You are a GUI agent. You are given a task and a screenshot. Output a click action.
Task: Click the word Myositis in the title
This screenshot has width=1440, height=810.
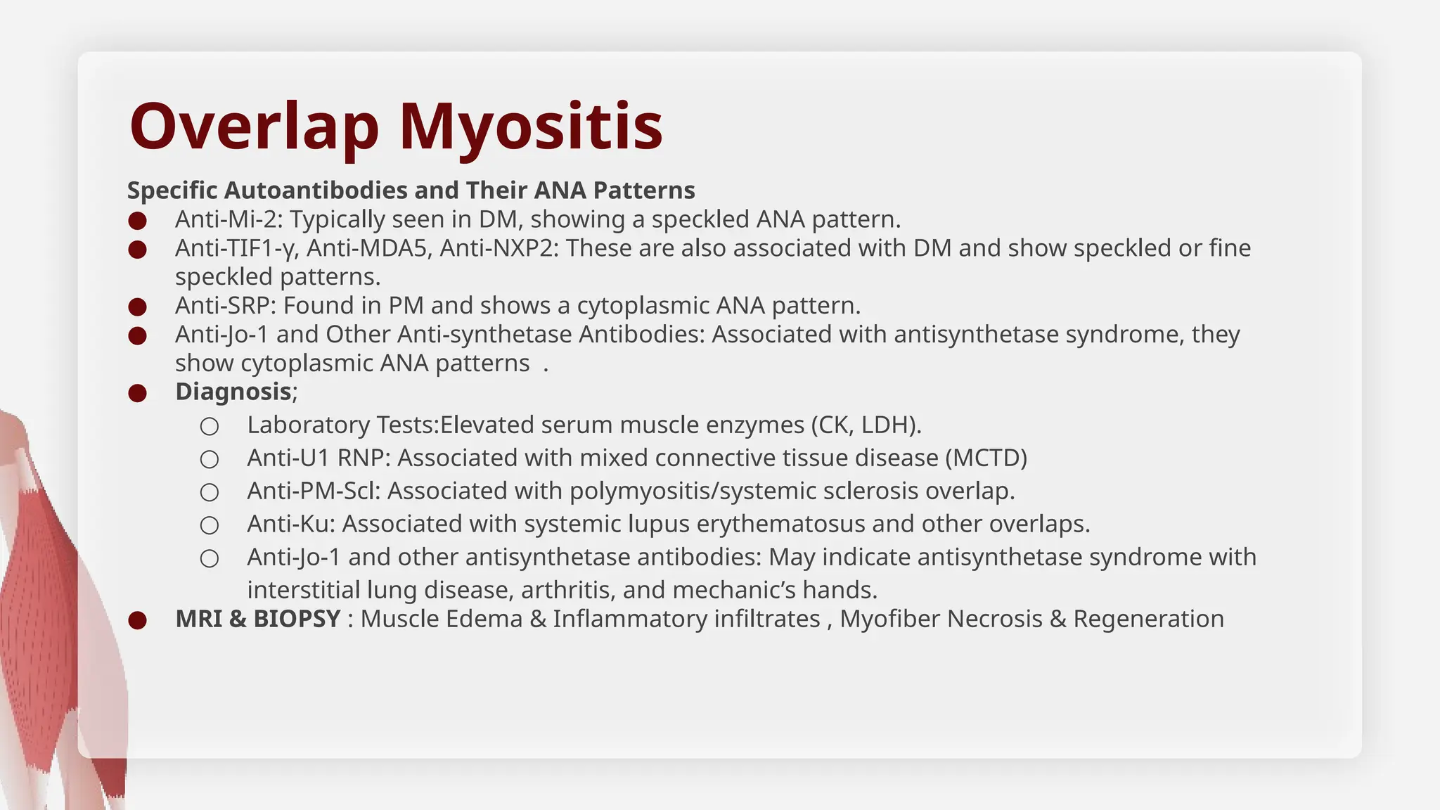[x=531, y=127]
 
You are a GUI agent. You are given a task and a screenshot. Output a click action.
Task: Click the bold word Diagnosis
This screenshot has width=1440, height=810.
[x=233, y=392]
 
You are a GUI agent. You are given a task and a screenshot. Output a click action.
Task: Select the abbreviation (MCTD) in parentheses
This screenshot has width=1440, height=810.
[x=986, y=458]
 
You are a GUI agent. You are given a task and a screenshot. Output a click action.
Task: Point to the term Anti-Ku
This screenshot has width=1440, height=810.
[x=291, y=524]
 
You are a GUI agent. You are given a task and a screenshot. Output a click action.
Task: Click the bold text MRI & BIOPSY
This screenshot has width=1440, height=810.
[x=258, y=619]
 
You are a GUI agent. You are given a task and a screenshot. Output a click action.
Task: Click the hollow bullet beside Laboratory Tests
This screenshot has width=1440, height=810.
[x=210, y=426]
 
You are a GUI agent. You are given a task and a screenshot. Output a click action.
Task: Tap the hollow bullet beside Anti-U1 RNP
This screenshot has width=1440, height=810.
[x=210, y=459]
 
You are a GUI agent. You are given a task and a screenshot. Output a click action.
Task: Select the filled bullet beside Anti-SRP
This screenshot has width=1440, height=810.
[x=138, y=307]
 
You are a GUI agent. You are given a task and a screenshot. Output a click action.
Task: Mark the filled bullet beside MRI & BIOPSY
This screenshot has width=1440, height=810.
[x=138, y=620]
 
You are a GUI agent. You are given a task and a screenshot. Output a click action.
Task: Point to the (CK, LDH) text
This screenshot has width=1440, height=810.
[x=866, y=425]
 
